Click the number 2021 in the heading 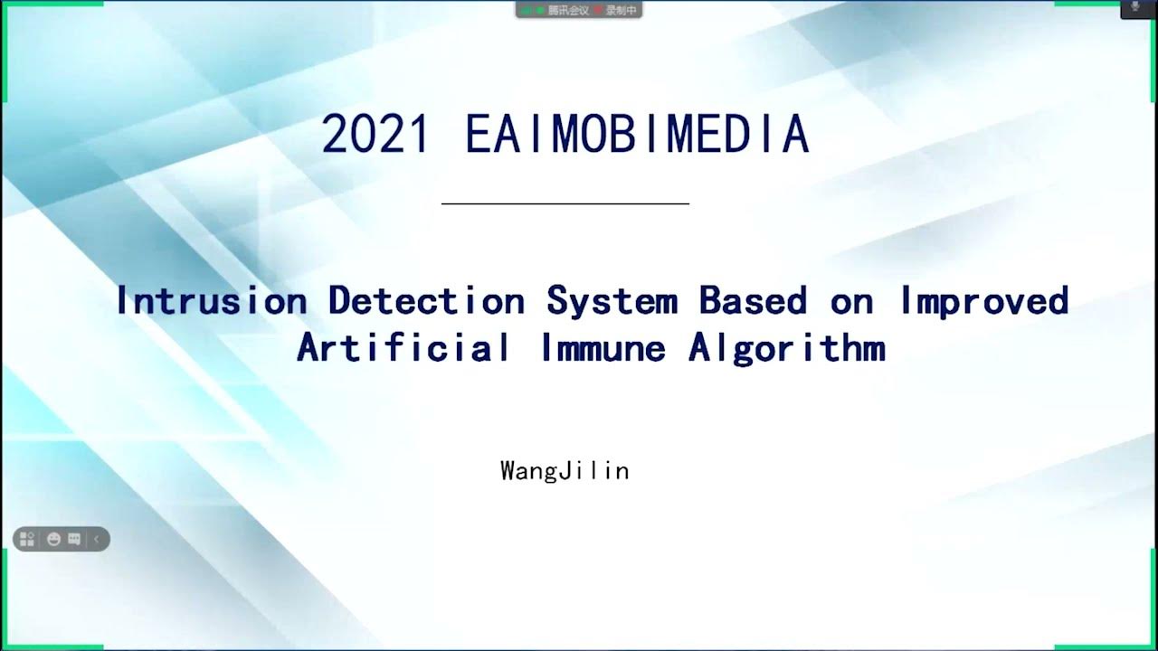pyautogui.click(x=375, y=136)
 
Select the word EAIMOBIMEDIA pyautogui.click(x=637, y=136)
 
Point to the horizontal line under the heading pyautogui.click(x=565, y=204)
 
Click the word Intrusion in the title pyautogui.click(x=211, y=301)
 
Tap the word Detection pyautogui.click(x=426, y=301)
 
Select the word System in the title pyautogui.click(x=612, y=301)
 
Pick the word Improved pyautogui.click(x=984, y=301)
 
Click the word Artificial pyautogui.click(x=403, y=348)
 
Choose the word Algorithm pyautogui.click(x=786, y=348)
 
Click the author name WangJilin pyautogui.click(x=565, y=471)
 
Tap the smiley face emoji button pyautogui.click(x=53, y=540)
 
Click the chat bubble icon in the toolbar pyautogui.click(x=74, y=540)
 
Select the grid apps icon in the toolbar pyautogui.click(x=27, y=540)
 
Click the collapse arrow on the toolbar pyautogui.click(x=96, y=540)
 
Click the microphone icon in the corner pyautogui.click(x=1135, y=7)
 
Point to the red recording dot pyautogui.click(x=598, y=10)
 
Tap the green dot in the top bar pyautogui.click(x=540, y=10)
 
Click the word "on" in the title pyautogui.click(x=852, y=301)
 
